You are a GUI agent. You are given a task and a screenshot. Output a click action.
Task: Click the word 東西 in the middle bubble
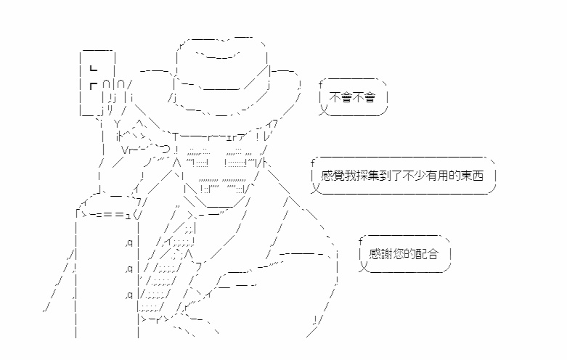[x=473, y=176]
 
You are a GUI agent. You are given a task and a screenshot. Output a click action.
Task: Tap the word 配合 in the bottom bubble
[x=427, y=254]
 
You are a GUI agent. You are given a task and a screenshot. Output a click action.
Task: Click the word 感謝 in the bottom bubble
[x=380, y=254]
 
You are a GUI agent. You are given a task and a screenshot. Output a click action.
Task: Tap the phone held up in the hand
[x=97, y=83]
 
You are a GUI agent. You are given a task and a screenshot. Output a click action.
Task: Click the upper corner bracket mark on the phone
[x=94, y=68]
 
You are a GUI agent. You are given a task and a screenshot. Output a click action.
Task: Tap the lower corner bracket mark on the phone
[x=94, y=86]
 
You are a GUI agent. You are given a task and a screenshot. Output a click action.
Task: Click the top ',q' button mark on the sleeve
[x=129, y=243]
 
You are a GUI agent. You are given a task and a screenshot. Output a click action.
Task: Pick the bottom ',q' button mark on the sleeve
[x=129, y=295]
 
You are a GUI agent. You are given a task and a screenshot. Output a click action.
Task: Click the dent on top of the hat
[x=218, y=55]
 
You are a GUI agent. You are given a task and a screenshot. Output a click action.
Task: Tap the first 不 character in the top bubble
[x=335, y=97]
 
